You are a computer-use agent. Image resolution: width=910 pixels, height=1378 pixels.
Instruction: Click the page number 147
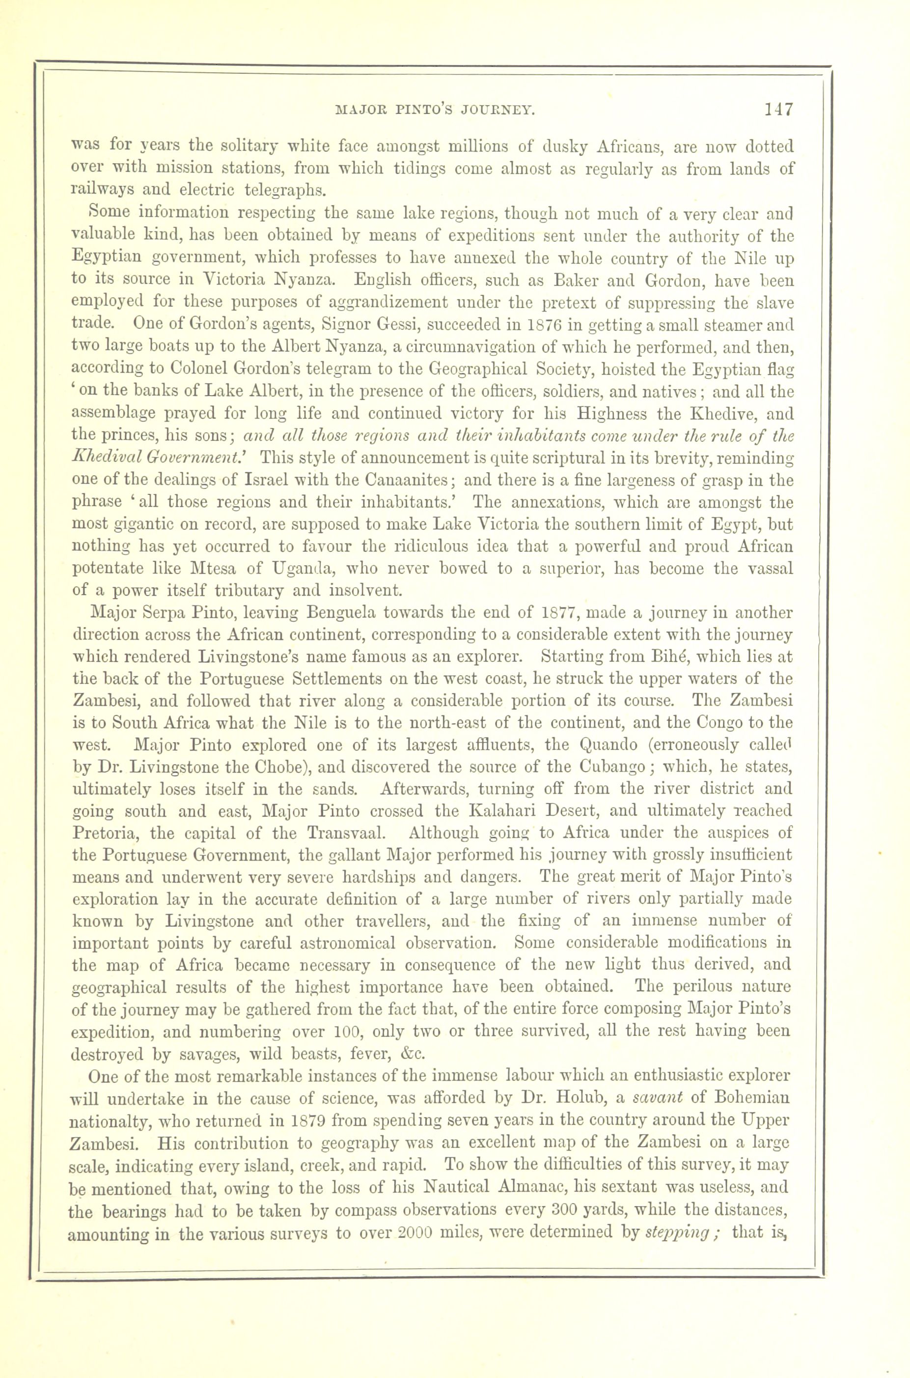pos(778,109)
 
